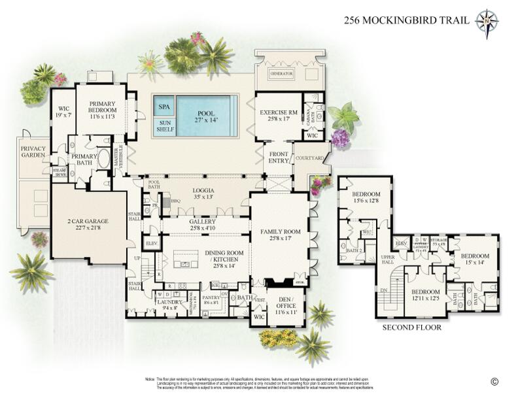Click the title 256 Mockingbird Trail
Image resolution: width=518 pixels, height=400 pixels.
(x=406, y=20)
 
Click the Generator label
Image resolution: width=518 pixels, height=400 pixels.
(x=285, y=75)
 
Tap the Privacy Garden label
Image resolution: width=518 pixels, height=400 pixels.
(x=33, y=153)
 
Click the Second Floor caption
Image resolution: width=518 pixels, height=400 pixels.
(x=411, y=327)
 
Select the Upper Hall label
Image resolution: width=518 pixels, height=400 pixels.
(x=389, y=260)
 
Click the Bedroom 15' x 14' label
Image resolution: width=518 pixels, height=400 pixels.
(x=475, y=259)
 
